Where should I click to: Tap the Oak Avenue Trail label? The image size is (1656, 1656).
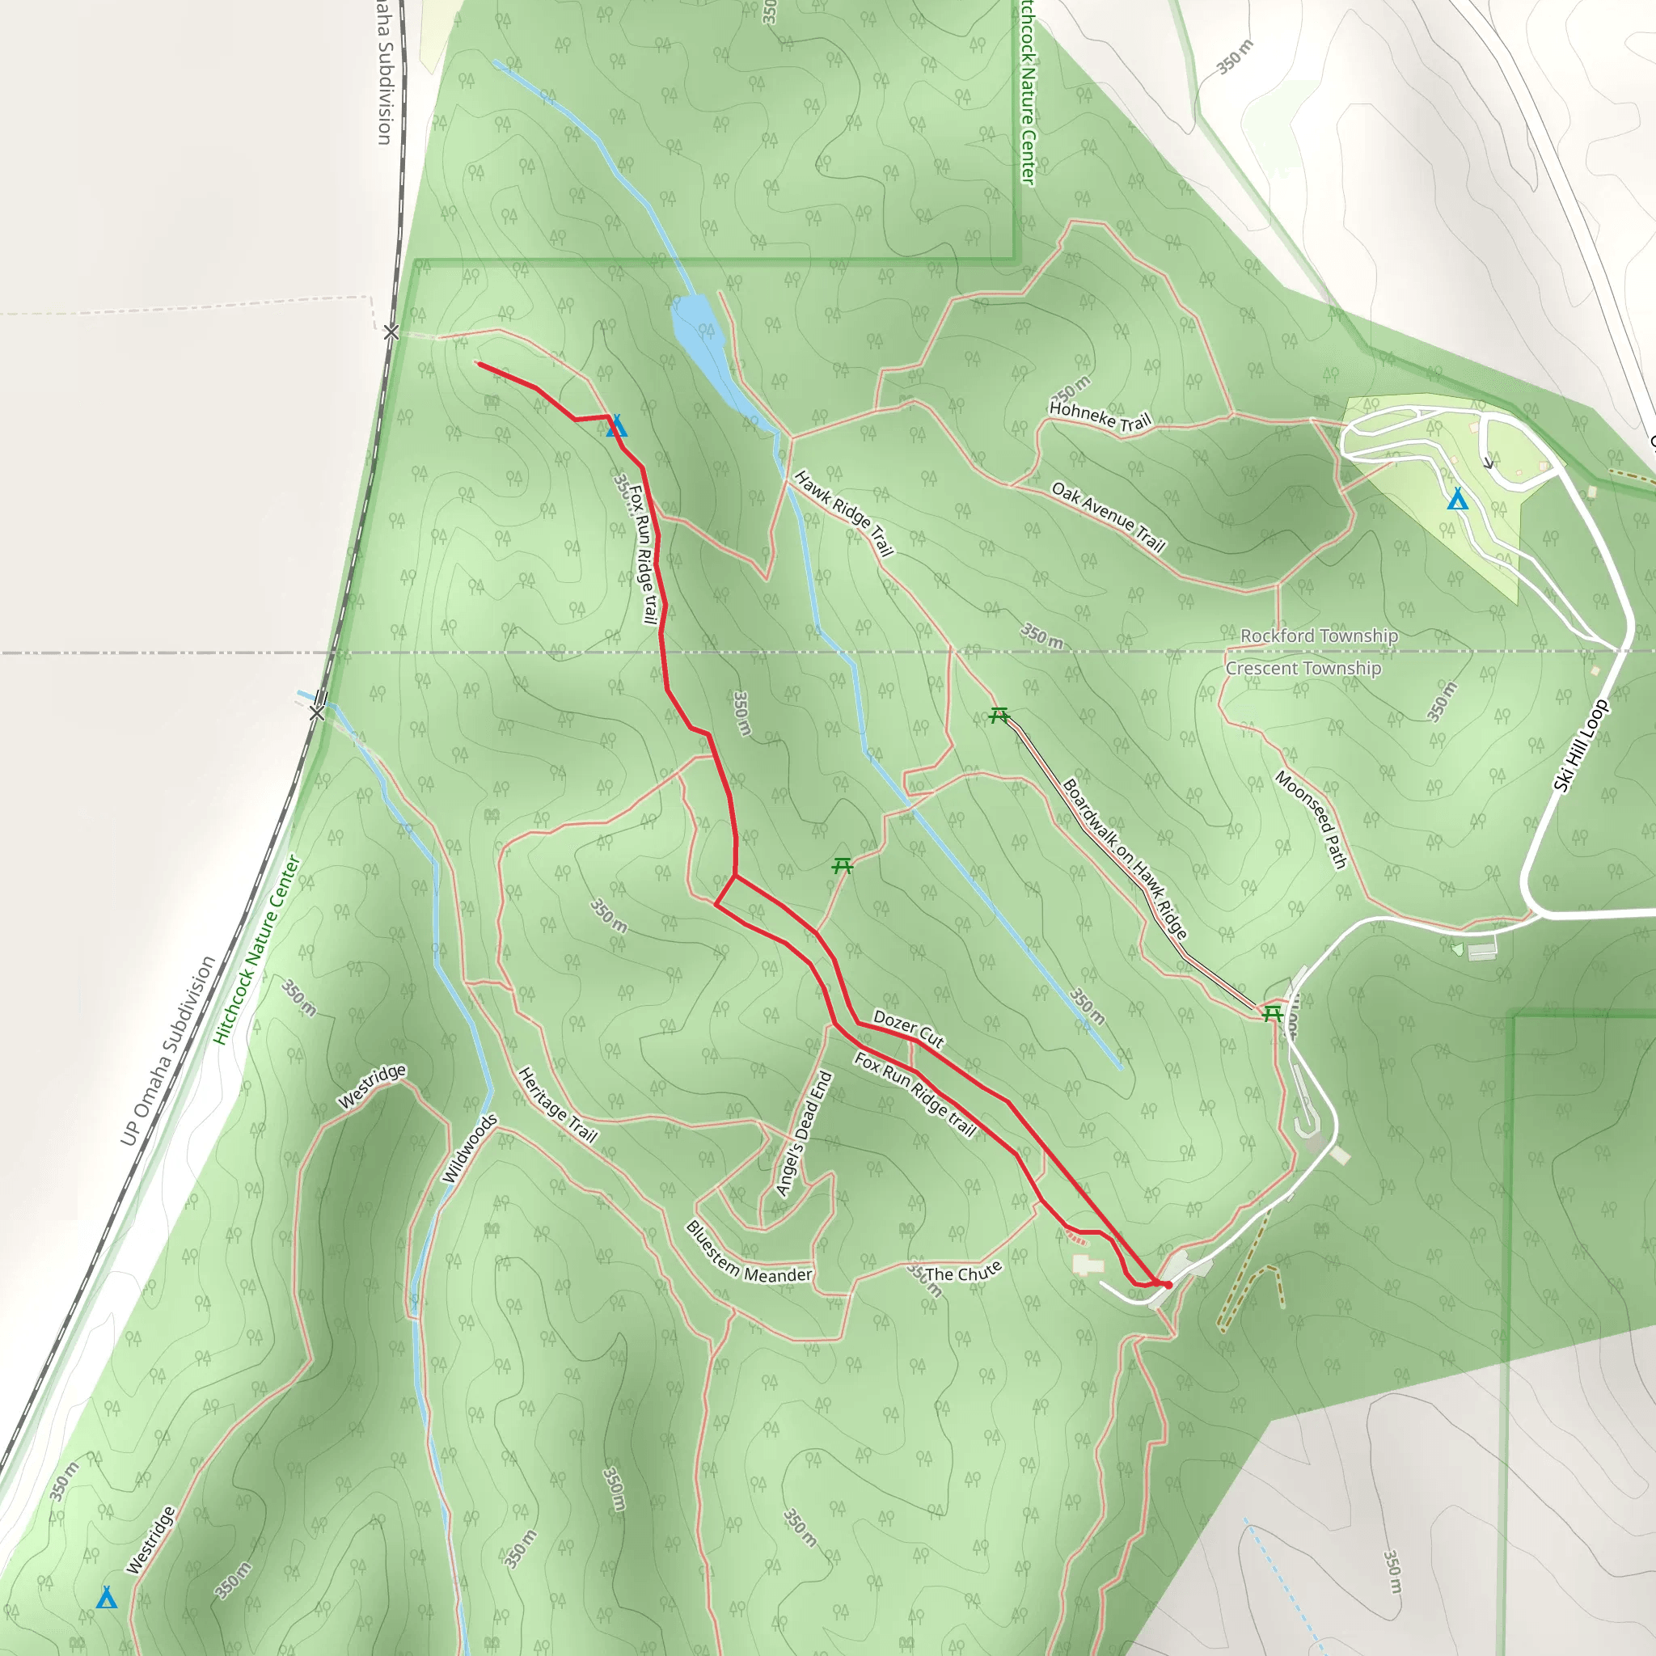[x=1109, y=517]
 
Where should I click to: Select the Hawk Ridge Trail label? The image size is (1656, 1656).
[x=843, y=513]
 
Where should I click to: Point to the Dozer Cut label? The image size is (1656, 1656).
[x=909, y=1028]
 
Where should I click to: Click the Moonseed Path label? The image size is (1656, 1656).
[x=1312, y=818]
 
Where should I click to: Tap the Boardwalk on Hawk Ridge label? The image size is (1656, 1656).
[x=1125, y=858]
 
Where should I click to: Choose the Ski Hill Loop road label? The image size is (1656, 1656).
[x=1581, y=746]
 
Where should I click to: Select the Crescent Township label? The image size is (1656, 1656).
[x=1303, y=669]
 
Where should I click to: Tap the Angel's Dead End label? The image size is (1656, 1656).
[x=804, y=1133]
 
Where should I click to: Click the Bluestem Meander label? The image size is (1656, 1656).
[x=748, y=1254]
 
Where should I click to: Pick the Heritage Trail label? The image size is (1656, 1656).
[x=557, y=1104]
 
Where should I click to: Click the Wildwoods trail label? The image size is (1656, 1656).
[x=470, y=1148]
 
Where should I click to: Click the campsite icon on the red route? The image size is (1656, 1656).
[x=616, y=426]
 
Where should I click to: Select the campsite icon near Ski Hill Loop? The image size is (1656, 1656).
[x=1457, y=499]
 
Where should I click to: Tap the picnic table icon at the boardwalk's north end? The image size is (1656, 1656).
[x=999, y=715]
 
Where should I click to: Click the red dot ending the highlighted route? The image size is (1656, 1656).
[x=1168, y=1285]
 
